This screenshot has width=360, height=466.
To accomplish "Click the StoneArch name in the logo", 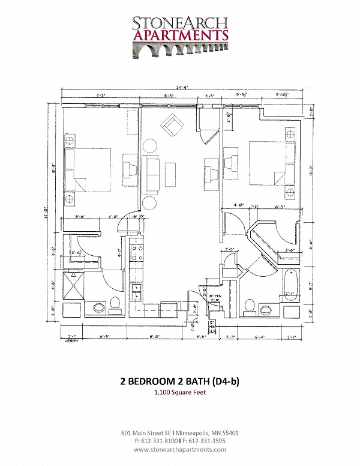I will click(x=180, y=22).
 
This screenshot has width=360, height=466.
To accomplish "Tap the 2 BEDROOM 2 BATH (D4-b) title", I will click(x=180, y=381).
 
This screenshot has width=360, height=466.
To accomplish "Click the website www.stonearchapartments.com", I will click(x=180, y=449).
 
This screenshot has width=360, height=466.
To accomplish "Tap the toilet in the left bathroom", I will click(x=115, y=305).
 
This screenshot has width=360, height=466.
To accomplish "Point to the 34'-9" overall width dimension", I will click(x=181, y=89).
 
